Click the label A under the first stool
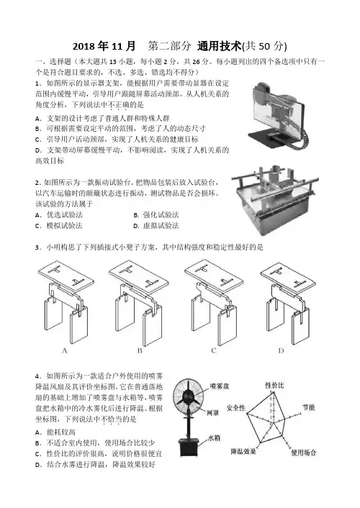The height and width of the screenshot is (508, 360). point(64,350)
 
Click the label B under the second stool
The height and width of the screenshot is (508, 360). point(140,350)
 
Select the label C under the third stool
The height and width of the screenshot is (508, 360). point(214,350)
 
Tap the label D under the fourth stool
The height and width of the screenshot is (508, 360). point(281,350)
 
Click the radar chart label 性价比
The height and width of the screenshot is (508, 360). point(274,385)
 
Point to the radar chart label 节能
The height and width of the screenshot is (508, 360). point(308,407)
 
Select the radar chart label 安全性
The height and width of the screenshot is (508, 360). point(235,407)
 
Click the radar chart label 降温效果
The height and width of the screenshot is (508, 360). point(243,451)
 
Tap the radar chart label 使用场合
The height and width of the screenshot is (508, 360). point(303,453)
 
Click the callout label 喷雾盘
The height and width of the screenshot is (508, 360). point(220,386)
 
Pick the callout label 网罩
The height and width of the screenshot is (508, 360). point(212,413)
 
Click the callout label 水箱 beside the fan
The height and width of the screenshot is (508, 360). point(214,437)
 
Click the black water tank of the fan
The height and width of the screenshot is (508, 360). point(189,448)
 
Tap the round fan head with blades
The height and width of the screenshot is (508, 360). point(188,396)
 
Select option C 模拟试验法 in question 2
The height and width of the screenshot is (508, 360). point(59,225)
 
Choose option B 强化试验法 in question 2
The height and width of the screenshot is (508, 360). point(156,215)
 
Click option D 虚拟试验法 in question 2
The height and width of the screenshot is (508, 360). point(156,225)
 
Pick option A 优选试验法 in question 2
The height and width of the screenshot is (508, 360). point(59,215)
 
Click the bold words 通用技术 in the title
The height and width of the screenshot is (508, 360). point(220,46)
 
